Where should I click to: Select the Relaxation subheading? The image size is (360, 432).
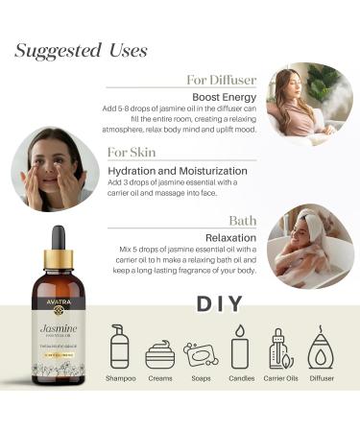[230, 236]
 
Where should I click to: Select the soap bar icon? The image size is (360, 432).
[200, 354]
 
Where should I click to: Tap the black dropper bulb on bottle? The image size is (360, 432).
[58, 238]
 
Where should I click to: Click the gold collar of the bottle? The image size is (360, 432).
[58, 258]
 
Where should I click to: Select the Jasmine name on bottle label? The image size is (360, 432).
[59, 328]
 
